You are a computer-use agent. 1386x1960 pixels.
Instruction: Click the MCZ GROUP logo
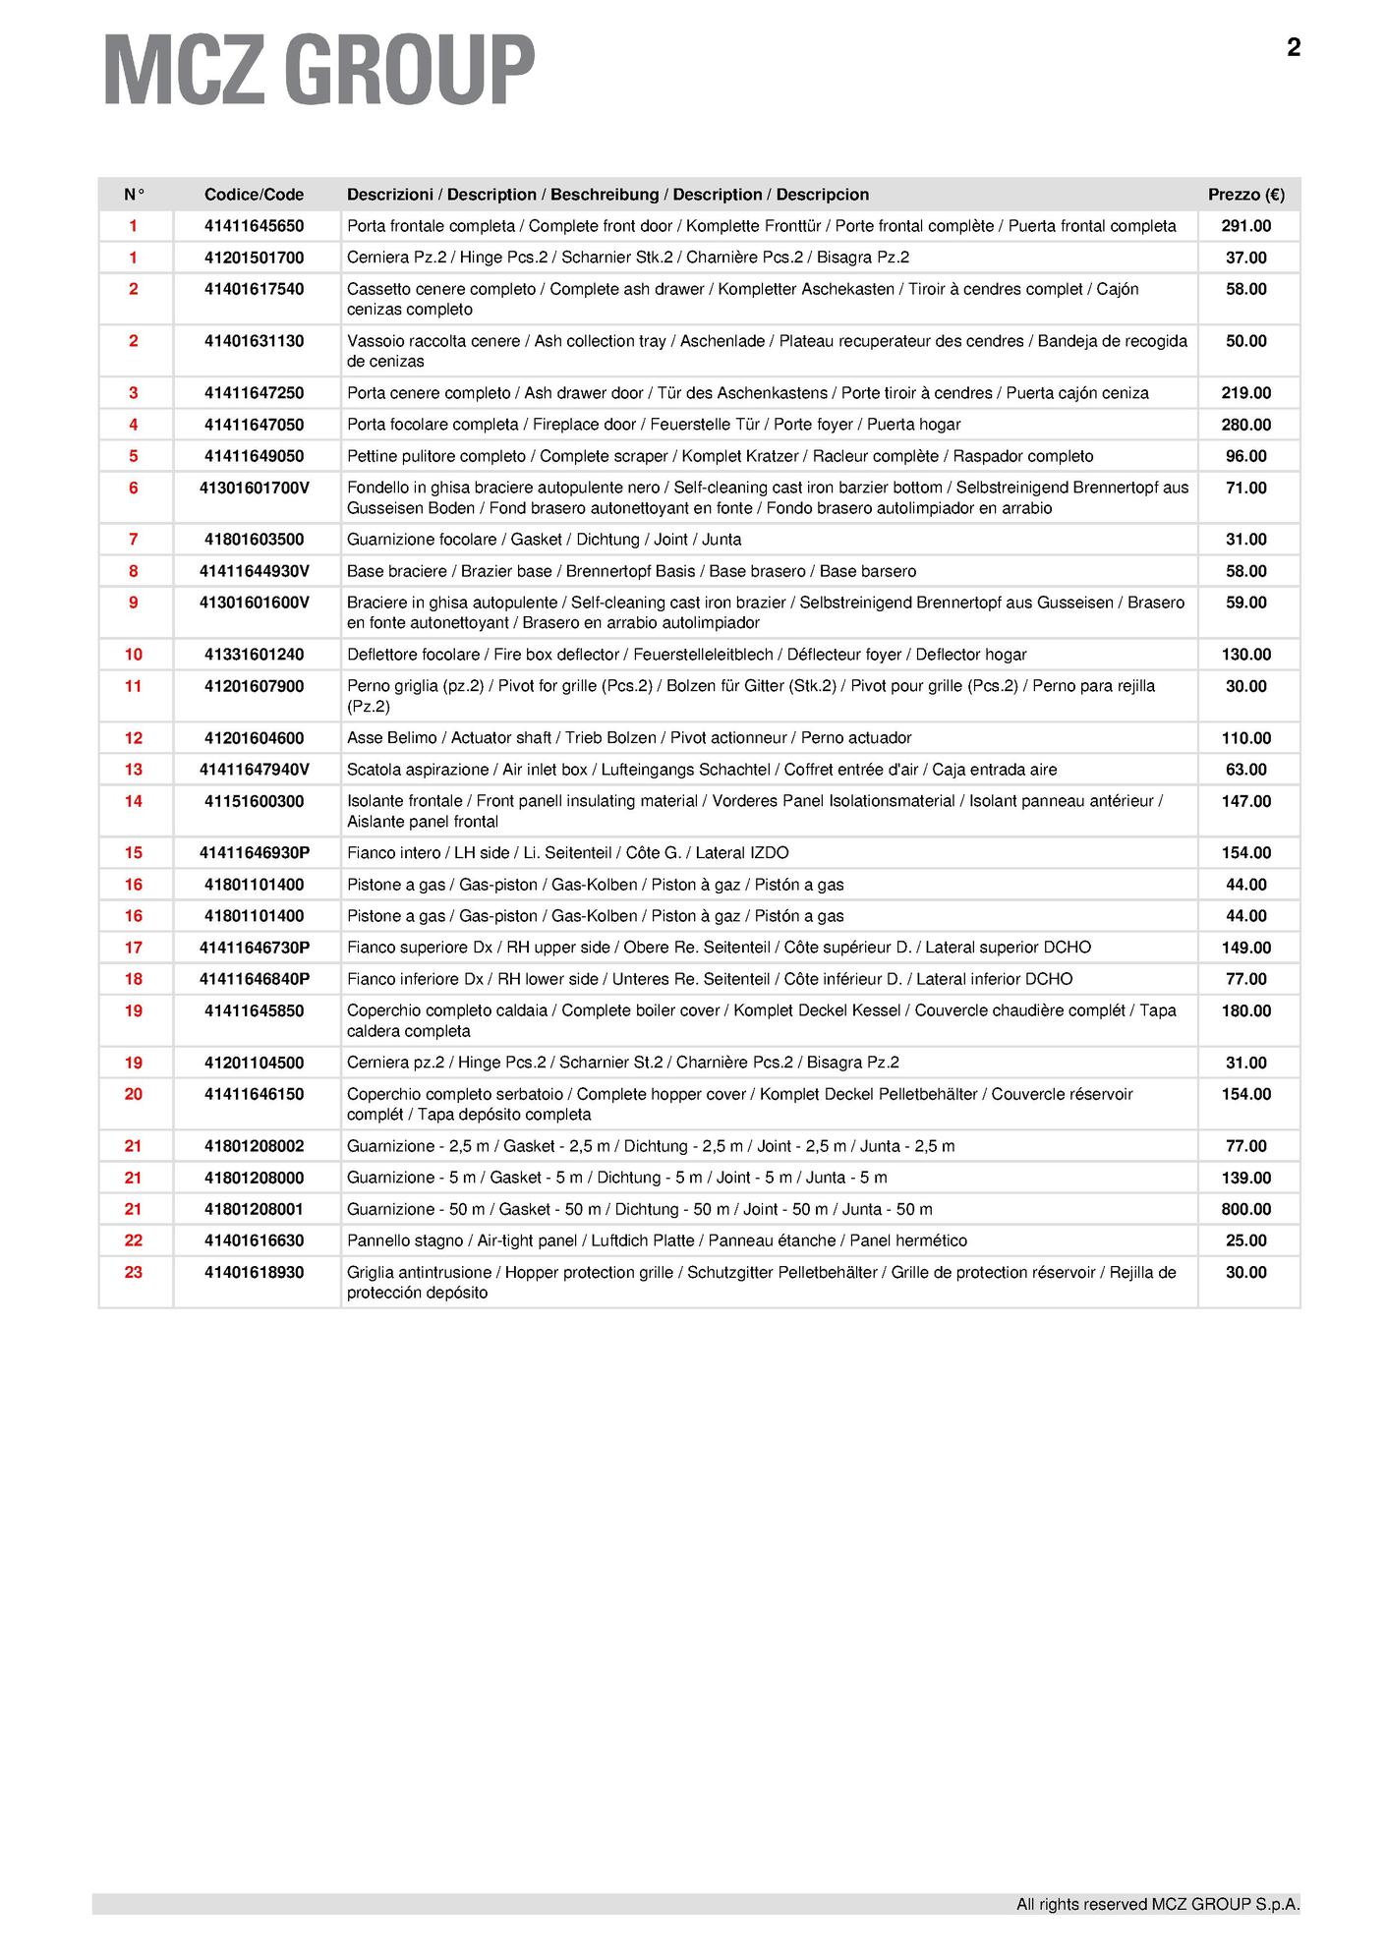[x=318, y=70]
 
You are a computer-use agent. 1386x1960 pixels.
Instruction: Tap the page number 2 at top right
[x=1293, y=48]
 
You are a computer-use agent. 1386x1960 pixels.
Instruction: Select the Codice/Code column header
[x=254, y=195]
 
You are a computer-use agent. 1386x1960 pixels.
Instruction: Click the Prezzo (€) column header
[x=1245, y=195]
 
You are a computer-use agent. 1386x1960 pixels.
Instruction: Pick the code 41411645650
[x=254, y=226]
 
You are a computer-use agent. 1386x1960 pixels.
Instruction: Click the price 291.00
[x=1245, y=226]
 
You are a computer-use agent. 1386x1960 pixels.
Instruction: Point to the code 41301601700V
[x=254, y=488]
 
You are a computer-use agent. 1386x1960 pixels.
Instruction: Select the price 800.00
[x=1245, y=1209]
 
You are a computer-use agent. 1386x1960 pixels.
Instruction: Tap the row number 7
[x=134, y=540]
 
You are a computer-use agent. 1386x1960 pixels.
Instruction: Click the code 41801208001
[x=254, y=1209]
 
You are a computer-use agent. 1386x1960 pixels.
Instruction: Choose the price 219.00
[x=1245, y=393]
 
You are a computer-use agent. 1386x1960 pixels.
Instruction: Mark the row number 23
[x=134, y=1272]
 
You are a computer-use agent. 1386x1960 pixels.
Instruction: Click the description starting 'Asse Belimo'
[x=629, y=738]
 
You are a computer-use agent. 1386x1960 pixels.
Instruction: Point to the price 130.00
[x=1245, y=655]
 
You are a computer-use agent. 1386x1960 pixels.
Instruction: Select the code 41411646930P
[x=254, y=853]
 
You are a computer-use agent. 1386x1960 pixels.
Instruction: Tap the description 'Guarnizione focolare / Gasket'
[x=544, y=540]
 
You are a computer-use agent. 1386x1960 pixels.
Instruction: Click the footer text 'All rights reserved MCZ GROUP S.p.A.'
[x=1157, y=1904]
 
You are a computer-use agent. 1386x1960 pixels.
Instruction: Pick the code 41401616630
[x=254, y=1240]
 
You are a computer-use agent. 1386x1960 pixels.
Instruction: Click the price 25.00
[x=1245, y=1240]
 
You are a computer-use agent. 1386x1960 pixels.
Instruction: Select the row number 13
[x=134, y=770]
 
